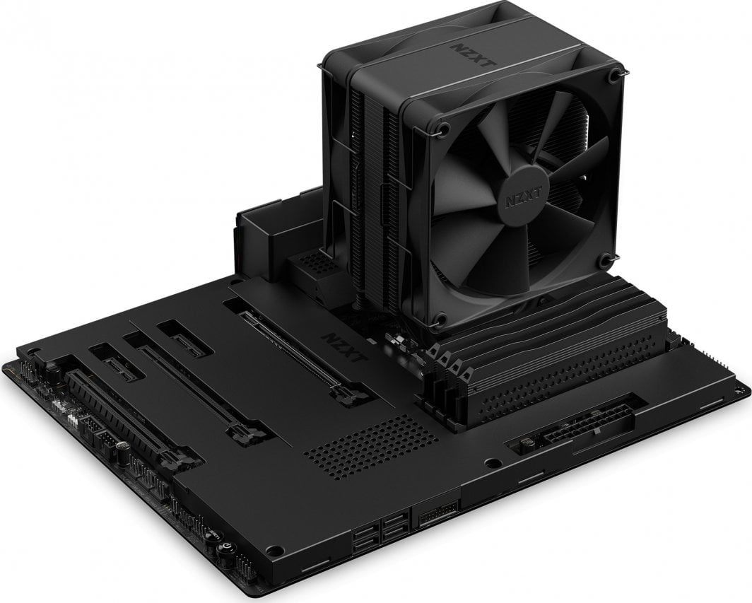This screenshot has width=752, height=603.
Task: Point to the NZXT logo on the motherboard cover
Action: coord(342,346)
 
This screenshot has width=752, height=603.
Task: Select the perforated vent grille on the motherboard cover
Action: coord(361,443)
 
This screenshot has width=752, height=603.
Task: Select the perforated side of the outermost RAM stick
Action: coord(565,382)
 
